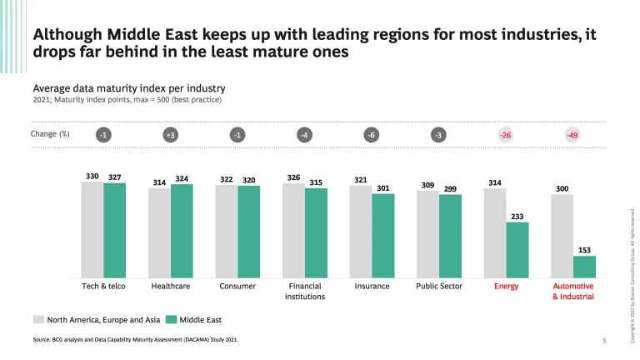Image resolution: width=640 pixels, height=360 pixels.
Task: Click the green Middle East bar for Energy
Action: (x=517, y=250)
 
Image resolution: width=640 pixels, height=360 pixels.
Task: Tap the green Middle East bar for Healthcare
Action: (x=182, y=231)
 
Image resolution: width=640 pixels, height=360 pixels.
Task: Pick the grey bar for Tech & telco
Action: (x=92, y=229)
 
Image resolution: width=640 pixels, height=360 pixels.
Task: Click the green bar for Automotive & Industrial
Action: (x=585, y=267)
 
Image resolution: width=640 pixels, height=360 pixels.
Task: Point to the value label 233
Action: (x=517, y=215)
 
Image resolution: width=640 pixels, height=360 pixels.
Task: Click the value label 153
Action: (x=584, y=249)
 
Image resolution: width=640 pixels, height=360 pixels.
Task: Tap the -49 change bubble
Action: (x=572, y=135)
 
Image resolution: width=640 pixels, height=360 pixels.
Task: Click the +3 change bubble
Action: (x=170, y=135)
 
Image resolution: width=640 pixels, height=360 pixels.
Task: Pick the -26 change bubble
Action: (x=506, y=135)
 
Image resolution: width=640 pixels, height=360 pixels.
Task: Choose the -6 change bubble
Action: (x=371, y=135)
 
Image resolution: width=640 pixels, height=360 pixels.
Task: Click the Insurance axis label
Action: (x=372, y=287)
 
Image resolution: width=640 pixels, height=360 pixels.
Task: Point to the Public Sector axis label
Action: (x=438, y=287)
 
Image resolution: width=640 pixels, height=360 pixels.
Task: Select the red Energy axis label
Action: (x=506, y=287)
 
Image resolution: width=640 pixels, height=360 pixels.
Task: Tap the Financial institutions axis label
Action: (x=304, y=291)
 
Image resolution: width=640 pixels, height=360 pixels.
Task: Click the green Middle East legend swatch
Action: (x=172, y=319)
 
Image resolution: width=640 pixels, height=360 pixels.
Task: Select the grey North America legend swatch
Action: (x=38, y=319)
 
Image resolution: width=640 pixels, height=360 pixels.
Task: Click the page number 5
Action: (x=604, y=340)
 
